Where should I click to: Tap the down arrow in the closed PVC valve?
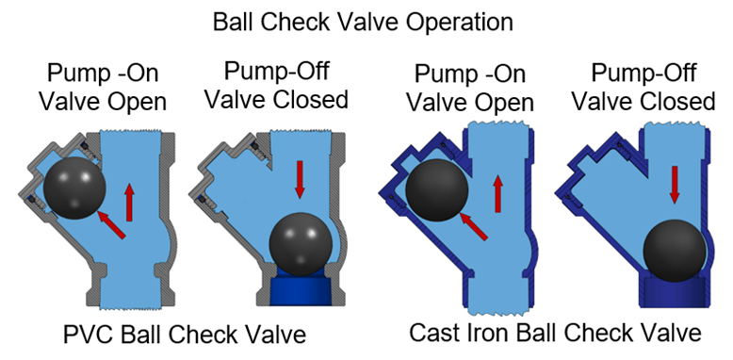pos(301,179)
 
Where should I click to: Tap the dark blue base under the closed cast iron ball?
pos(674,293)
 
